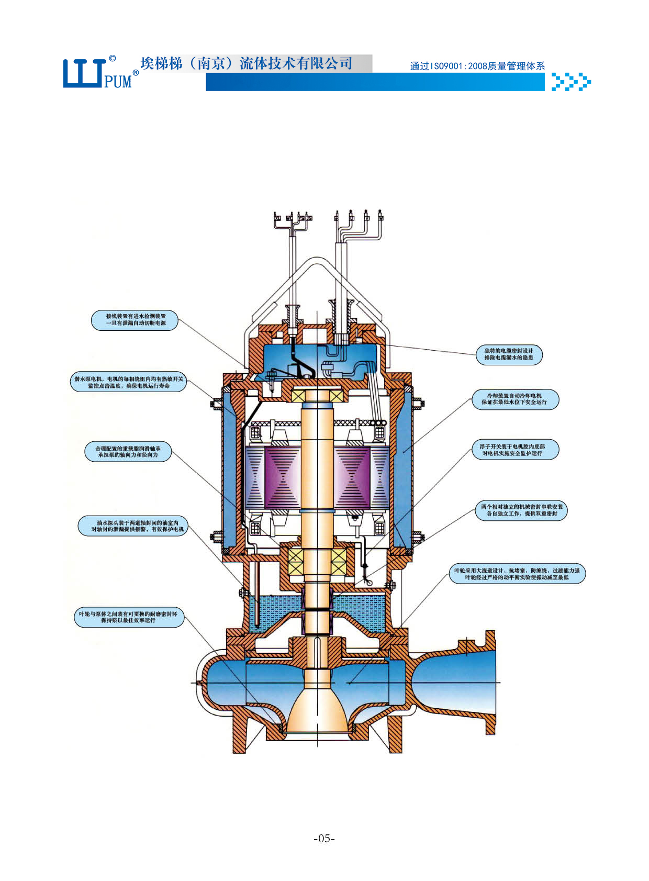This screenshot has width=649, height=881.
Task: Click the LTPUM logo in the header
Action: [99, 73]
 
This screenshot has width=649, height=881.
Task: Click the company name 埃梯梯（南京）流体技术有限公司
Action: [246, 63]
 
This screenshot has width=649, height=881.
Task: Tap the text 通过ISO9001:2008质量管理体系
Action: [477, 66]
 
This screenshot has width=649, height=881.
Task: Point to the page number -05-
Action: [324, 838]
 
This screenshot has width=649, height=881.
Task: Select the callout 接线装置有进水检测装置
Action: [135, 320]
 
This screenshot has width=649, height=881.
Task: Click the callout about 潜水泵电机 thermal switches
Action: [129, 382]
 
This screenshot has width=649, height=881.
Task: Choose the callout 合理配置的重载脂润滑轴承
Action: [128, 452]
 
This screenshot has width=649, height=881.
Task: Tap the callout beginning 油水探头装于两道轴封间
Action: [133, 526]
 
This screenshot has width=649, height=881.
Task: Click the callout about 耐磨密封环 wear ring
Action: [128, 617]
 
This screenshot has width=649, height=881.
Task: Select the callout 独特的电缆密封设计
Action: [509, 354]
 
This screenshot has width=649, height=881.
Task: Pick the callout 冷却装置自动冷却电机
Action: [515, 399]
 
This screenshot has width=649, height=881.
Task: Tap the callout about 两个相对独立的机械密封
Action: [522, 510]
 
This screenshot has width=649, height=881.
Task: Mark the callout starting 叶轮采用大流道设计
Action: [517, 574]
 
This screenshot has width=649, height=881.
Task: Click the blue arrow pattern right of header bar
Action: [571, 82]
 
